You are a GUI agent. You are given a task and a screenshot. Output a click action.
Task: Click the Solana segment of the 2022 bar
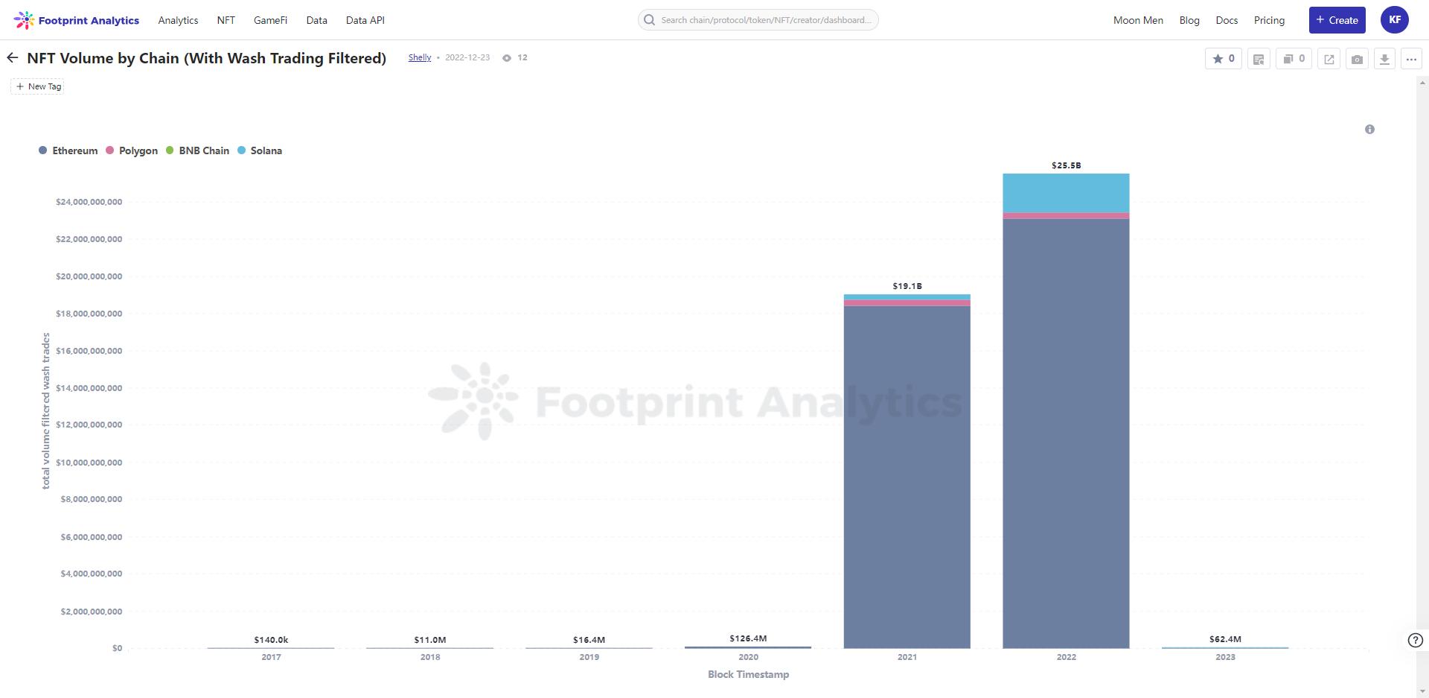(x=1066, y=193)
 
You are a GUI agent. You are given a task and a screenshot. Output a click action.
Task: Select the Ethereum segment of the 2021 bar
(x=907, y=477)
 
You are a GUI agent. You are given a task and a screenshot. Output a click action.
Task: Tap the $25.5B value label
(x=1066, y=165)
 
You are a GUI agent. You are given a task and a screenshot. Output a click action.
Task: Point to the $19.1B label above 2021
(x=907, y=286)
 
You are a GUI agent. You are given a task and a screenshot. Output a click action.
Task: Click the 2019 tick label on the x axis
(x=589, y=657)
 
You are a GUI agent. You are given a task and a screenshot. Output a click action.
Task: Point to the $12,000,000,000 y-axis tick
(x=89, y=425)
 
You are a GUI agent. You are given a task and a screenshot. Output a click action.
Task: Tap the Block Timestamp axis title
(x=748, y=674)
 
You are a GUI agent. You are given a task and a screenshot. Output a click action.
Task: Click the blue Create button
(x=1337, y=20)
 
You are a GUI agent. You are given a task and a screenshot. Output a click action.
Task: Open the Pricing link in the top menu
(x=1269, y=20)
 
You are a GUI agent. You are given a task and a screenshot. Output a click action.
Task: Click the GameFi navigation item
(x=270, y=20)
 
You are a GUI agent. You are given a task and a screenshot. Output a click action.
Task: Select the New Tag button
(x=38, y=86)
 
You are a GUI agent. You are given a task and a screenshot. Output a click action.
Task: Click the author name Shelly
(x=420, y=57)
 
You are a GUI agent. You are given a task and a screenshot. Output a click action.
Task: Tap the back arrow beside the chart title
(x=13, y=58)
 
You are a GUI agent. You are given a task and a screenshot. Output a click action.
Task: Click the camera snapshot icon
(x=1357, y=59)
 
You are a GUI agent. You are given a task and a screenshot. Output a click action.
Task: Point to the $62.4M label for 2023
(x=1225, y=639)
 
